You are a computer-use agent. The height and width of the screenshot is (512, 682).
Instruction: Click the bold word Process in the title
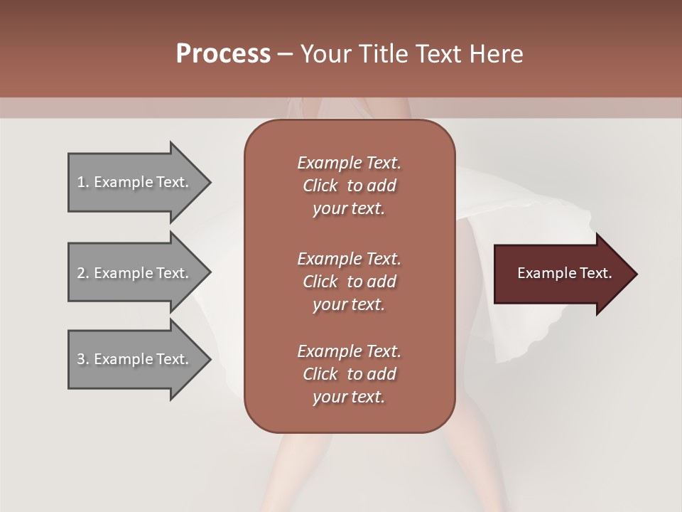pyautogui.click(x=223, y=54)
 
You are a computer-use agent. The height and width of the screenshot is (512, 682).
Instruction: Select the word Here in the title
pyautogui.click(x=497, y=54)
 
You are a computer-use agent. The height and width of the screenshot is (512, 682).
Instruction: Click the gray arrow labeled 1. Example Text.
pyautogui.click(x=135, y=182)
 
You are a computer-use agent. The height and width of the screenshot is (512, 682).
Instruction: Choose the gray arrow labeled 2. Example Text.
pyautogui.click(x=135, y=273)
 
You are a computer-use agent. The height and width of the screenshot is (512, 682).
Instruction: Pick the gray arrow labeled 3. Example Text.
pyautogui.click(x=135, y=359)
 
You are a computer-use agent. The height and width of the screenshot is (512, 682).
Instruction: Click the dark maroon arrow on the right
pyautogui.click(x=561, y=274)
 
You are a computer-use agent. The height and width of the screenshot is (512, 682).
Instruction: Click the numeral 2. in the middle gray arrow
pyautogui.click(x=82, y=273)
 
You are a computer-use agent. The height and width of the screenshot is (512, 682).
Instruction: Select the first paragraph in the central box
pyautogui.click(x=349, y=186)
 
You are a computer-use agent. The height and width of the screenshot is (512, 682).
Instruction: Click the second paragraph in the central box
pyautogui.click(x=349, y=282)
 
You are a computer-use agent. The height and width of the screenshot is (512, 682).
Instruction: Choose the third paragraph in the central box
pyautogui.click(x=349, y=374)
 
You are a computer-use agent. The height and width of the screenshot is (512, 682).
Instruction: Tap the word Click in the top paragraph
pyautogui.click(x=320, y=186)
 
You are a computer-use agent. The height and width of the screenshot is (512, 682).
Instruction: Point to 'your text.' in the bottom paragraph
pyautogui.click(x=349, y=397)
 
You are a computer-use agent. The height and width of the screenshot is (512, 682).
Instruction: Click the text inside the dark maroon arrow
pyautogui.click(x=564, y=273)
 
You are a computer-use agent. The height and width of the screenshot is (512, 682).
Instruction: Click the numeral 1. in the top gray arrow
pyautogui.click(x=82, y=182)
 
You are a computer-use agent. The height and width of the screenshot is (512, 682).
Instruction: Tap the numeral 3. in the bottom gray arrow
pyautogui.click(x=82, y=359)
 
